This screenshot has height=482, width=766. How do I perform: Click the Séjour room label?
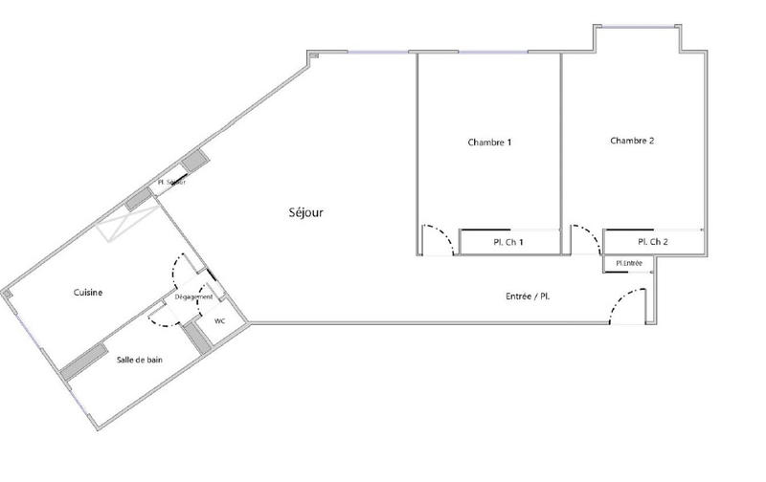(x=305, y=212)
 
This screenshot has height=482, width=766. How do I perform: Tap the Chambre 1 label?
(x=489, y=142)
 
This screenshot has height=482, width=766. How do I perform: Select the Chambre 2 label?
(x=632, y=141)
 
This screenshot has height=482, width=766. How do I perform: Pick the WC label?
(x=219, y=321)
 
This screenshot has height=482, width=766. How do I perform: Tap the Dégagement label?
(x=193, y=297)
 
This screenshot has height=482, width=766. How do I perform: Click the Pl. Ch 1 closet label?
(x=508, y=243)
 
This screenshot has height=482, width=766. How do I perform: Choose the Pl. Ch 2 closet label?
(x=653, y=242)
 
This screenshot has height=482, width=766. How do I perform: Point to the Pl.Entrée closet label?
(x=629, y=263)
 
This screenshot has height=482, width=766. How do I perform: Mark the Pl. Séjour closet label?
(x=172, y=183)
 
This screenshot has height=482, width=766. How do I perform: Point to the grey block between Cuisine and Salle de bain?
(x=84, y=356)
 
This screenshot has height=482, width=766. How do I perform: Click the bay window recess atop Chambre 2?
(x=638, y=38)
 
